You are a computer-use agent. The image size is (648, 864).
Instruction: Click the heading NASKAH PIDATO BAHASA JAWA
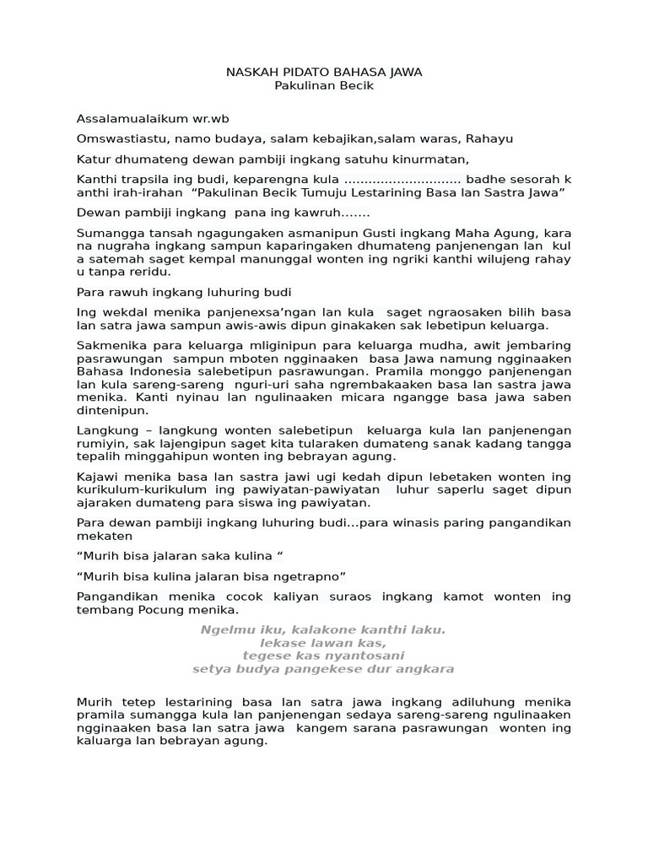pos(324,73)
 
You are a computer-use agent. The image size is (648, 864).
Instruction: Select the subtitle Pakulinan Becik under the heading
pos(324,86)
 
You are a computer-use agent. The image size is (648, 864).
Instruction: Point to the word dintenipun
pos(112,411)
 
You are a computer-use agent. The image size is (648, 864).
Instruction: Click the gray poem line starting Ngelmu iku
pos(323,630)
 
